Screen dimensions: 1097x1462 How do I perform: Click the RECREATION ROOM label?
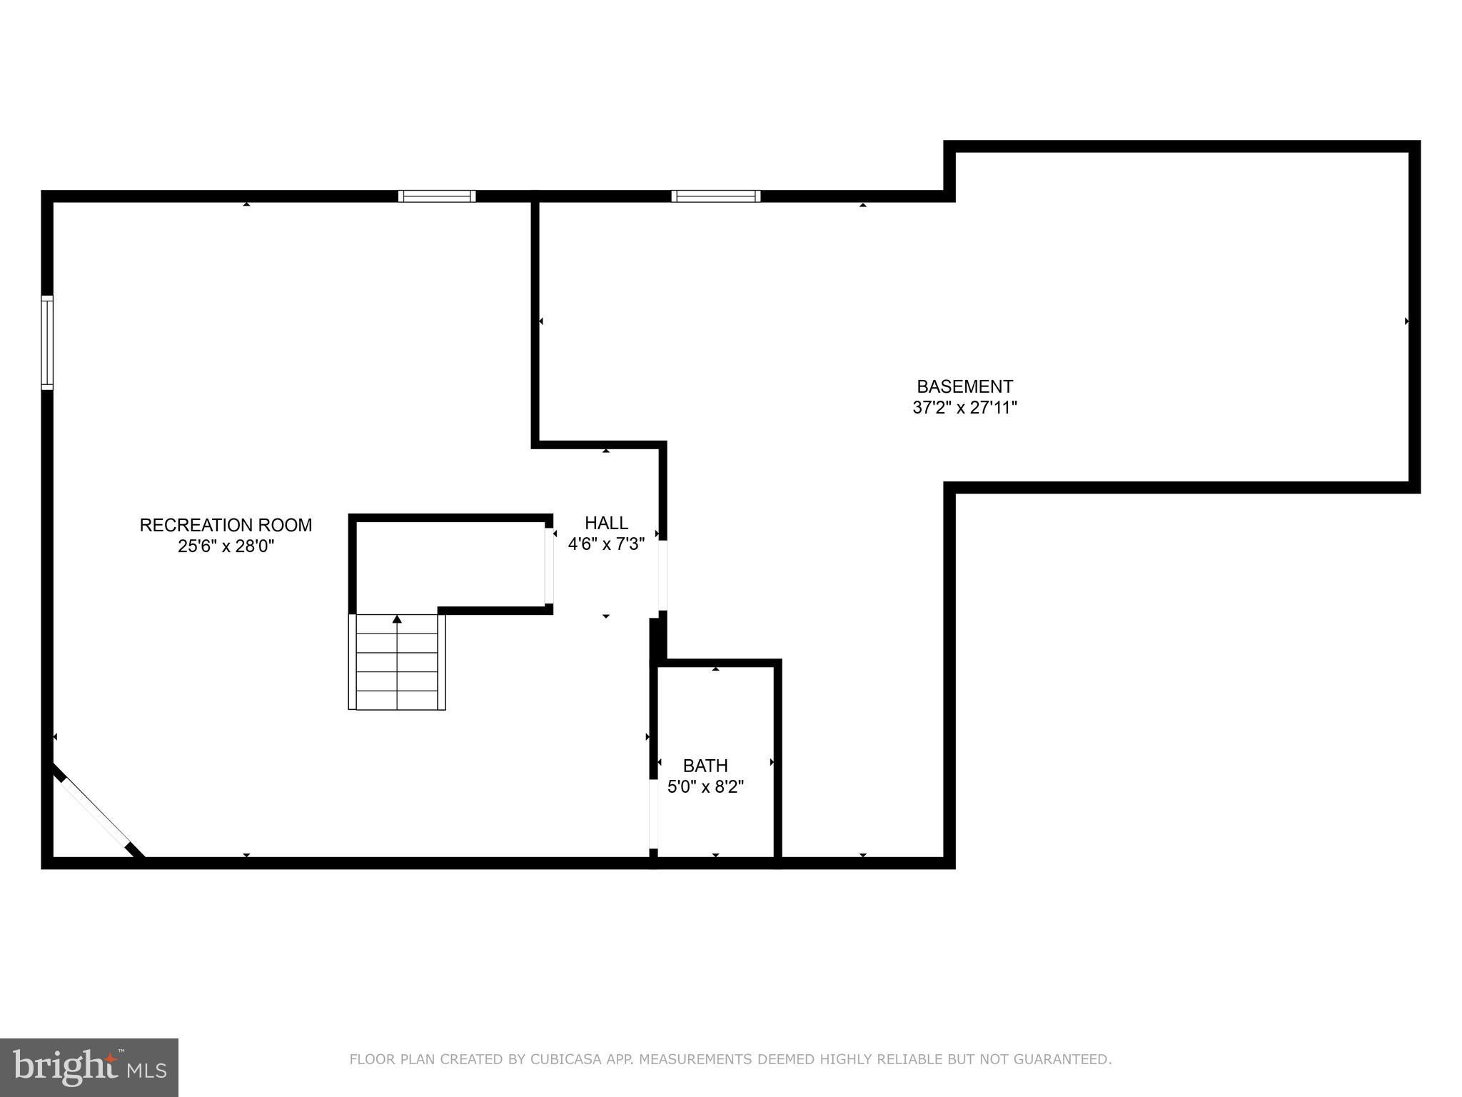point(226,525)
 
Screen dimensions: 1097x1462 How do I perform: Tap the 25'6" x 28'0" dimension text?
point(226,546)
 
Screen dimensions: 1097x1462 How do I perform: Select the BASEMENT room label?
point(964,386)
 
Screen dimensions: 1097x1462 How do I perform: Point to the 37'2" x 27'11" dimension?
point(964,408)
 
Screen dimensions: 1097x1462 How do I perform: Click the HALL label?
point(606,523)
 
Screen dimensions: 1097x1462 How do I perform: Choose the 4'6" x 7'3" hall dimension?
point(606,544)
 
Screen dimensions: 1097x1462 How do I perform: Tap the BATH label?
point(705,766)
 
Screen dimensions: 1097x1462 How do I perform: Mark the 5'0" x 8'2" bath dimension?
point(705,787)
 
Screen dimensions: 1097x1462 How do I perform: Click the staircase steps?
point(397,671)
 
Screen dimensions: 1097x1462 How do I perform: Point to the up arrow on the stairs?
point(397,619)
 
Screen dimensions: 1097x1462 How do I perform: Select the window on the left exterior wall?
point(47,343)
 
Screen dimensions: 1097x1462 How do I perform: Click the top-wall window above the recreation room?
point(437,196)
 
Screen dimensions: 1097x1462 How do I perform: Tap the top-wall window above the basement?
point(715,196)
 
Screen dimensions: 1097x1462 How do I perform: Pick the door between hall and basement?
point(662,575)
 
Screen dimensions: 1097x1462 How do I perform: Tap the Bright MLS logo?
point(89,1067)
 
